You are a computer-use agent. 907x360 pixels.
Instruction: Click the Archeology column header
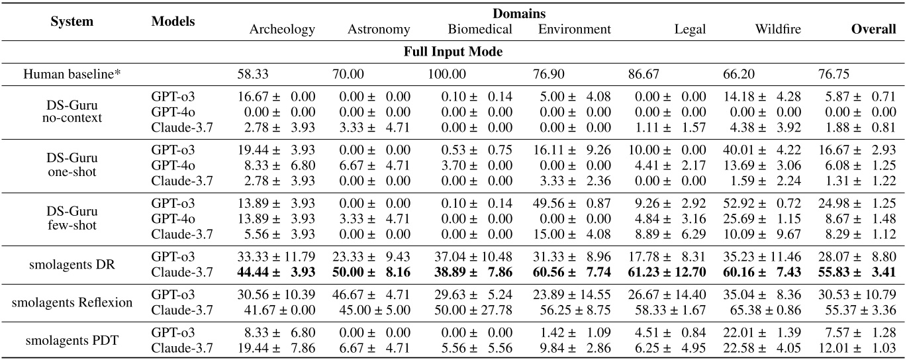point(282,30)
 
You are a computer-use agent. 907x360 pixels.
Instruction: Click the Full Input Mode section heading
point(453,52)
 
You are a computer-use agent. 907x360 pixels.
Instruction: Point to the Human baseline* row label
point(72,74)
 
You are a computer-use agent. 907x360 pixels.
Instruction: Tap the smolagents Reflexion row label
point(72,302)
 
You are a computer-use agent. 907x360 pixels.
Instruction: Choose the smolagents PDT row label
point(72,340)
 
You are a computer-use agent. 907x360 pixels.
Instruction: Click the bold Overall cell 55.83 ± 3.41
point(857,271)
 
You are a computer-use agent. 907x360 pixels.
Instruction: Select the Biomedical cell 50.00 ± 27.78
point(476,309)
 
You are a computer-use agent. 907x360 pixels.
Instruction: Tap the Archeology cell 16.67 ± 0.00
point(277,97)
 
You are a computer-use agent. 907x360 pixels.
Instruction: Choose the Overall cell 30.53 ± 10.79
point(857,296)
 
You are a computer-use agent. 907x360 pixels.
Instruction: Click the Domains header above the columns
point(518,13)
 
